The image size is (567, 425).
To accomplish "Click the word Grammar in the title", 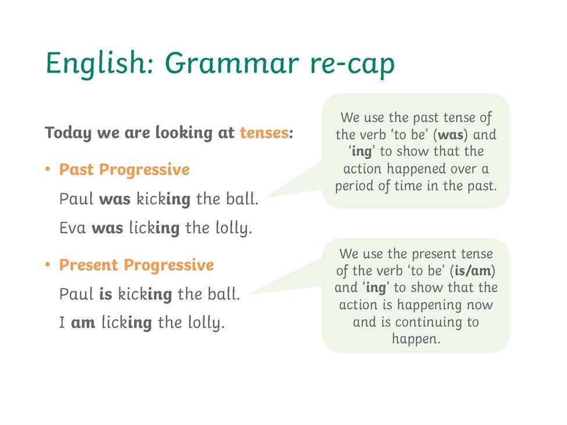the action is [232, 63].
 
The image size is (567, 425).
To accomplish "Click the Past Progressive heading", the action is [124, 170].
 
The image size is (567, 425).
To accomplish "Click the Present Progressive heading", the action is [137, 265].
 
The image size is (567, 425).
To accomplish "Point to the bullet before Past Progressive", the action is [47, 169].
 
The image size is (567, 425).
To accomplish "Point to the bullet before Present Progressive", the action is [47, 265].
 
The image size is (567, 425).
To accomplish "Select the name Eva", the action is [73, 228].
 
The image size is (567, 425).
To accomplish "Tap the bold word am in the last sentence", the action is [83, 323].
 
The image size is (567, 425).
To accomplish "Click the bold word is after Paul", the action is [106, 294].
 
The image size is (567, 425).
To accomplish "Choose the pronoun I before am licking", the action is [62, 323].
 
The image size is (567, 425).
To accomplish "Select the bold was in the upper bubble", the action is [451, 135].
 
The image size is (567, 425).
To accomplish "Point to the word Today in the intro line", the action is [69, 133].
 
